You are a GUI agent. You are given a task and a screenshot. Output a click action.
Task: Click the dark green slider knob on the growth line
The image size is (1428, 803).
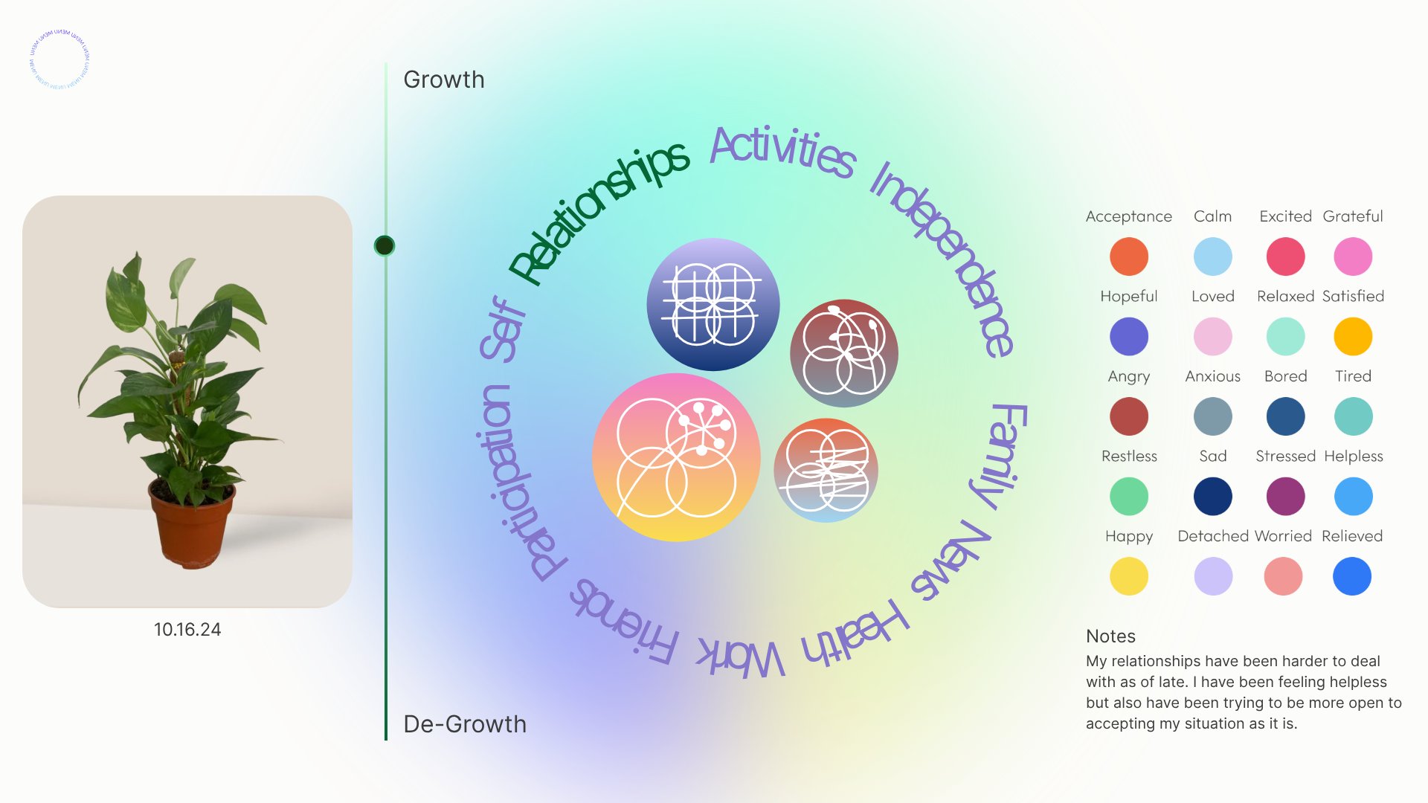click(385, 245)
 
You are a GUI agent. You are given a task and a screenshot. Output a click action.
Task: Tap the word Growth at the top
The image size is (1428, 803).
click(443, 80)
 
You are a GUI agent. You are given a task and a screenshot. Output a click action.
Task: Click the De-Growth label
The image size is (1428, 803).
click(464, 724)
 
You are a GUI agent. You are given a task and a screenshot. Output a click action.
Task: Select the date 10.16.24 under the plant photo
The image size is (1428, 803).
click(187, 630)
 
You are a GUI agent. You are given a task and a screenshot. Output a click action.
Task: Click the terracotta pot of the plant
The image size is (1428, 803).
click(192, 525)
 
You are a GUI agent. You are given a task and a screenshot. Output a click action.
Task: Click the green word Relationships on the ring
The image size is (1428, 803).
click(599, 212)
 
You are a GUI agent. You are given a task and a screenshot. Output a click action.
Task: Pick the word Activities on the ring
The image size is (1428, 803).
click(782, 151)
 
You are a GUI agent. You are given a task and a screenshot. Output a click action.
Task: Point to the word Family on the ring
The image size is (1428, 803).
click(1001, 455)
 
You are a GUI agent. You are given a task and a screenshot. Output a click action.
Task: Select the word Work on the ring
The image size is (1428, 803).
click(741, 657)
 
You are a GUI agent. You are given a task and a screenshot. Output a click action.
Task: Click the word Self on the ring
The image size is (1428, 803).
click(503, 329)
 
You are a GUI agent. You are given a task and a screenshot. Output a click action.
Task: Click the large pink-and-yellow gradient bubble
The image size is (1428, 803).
click(676, 457)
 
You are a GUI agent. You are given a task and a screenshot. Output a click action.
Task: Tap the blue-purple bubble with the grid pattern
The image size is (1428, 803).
click(713, 304)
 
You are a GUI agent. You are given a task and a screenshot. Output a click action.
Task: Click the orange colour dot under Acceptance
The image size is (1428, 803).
click(1128, 257)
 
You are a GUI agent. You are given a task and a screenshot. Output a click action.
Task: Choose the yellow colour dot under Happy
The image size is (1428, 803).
click(1128, 576)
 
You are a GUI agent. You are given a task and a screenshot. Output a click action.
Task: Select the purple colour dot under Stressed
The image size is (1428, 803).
click(1285, 497)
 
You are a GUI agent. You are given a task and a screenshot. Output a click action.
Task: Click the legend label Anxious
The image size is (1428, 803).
click(1212, 376)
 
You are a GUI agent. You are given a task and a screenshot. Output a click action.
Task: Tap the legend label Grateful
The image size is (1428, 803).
click(1352, 216)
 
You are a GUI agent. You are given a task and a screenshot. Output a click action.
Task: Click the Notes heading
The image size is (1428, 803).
click(1110, 636)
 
